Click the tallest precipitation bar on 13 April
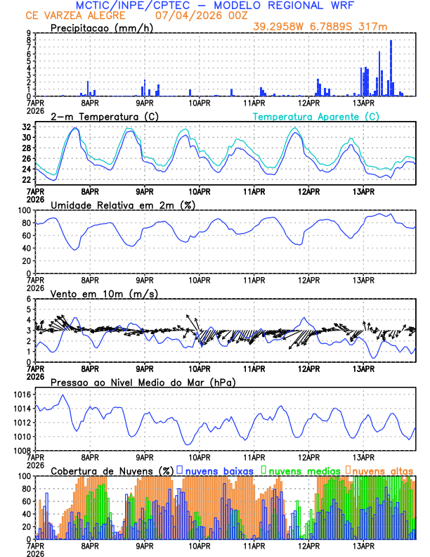391,68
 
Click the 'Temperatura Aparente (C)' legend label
315,116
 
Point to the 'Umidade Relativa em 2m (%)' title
123,205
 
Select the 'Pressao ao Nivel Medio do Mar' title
143,382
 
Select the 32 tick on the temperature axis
26,127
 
